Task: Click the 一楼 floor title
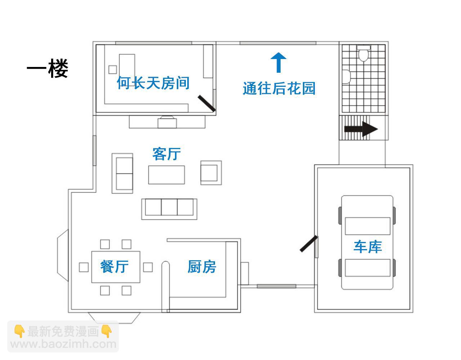pyautogui.click(x=47, y=68)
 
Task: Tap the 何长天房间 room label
pyautogui.click(x=153, y=83)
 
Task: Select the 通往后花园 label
pyautogui.click(x=279, y=88)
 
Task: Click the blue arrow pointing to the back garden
pyautogui.click(x=278, y=63)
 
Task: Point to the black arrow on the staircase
pyautogui.click(x=361, y=129)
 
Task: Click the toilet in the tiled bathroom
pyautogui.click(x=363, y=53)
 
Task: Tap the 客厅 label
pyautogui.click(x=166, y=154)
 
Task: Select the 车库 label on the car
pyautogui.click(x=368, y=247)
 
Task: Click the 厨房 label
pyautogui.click(x=202, y=266)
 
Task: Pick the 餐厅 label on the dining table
pyautogui.click(x=114, y=266)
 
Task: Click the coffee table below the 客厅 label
pyautogui.click(x=166, y=175)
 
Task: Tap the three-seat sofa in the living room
pyautogui.click(x=169, y=209)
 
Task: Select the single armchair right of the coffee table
pyautogui.click(x=211, y=173)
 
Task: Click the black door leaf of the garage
pyautogui.click(x=309, y=244)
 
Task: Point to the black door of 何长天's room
pyautogui.click(x=207, y=103)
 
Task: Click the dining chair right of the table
pyautogui.click(x=148, y=267)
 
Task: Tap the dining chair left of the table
pyautogui.click(x=84, y=267)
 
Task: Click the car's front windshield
pyautogui.click(x=368, y=226)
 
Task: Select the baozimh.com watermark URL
pyautogui.click(x=63, y=344)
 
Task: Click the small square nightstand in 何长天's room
pyautogui.click(x=113, y=69)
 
